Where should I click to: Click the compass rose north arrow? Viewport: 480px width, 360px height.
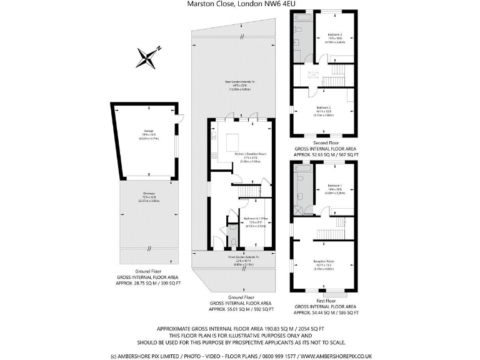click(147, 57)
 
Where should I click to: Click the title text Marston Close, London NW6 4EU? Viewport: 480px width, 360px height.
click(241, 4)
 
